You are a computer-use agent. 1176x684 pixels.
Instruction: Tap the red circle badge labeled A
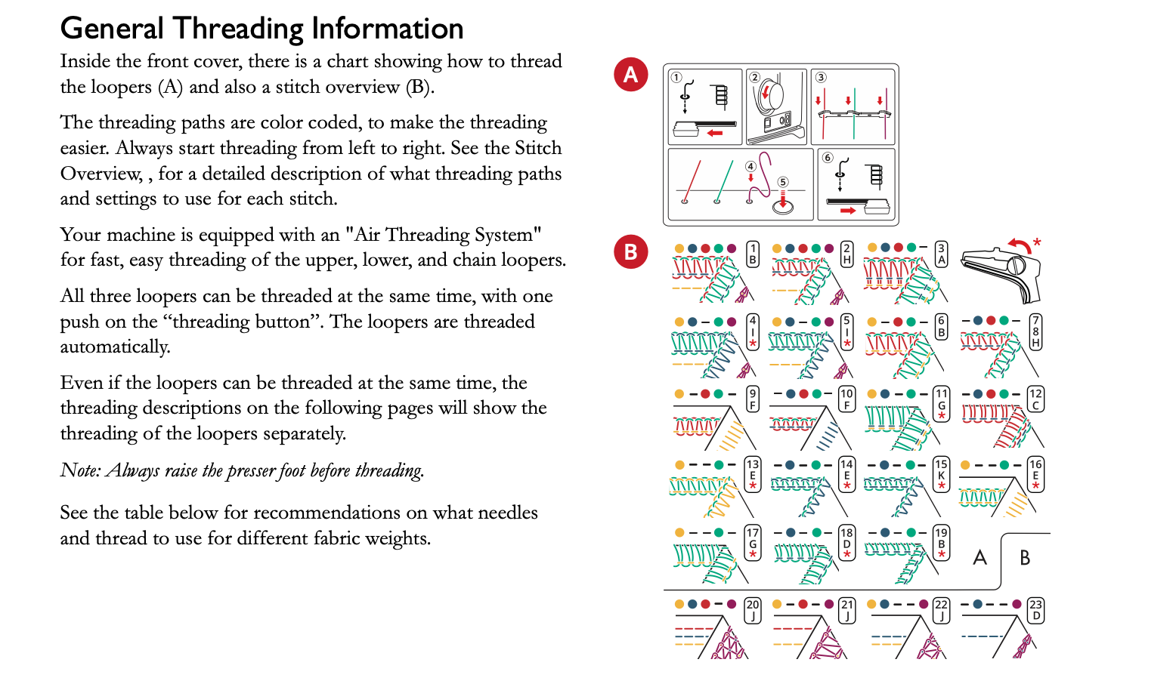pyautogui.click(x=631, y=75)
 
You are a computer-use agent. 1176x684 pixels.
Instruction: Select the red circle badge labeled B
pyautogui.click(x=631, y=252)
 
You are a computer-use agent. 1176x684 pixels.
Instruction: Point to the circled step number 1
pyautogui.click(x=676, y=78)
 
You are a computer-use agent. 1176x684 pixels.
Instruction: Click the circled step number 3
pyautogui.click(x=821, y=77)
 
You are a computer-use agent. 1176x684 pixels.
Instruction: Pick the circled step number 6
pyautogui.click(x=828, y=158)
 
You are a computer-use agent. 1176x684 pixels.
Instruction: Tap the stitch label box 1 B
pyautogui.click(x=753, y=254)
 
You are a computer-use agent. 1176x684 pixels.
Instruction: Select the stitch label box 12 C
pyautogui.click(x=1035, y=399)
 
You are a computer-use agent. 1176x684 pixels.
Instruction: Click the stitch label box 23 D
pyautogui.click(x=1035, y=610)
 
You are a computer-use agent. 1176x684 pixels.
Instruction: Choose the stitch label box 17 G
pyautogui.click(x=753, y=544)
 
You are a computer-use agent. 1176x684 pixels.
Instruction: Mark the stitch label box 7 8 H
pyautogui.click(x=1035, y=331)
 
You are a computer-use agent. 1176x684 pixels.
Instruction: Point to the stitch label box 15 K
pyautogui.click(x=941, y=474)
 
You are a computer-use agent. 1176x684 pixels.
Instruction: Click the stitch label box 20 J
pyautogui.click(x=753, y=610)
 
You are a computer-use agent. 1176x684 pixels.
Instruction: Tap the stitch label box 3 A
pyautogui.click(x=941, y=254)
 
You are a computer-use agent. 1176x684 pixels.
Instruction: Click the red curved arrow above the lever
pyautogui.click(x=1020, y=246)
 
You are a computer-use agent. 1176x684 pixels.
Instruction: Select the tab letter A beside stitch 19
pyautogui.click(x=980, y=558)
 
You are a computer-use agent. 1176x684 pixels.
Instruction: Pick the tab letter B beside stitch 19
pyautogui.click(x=1025, y=558)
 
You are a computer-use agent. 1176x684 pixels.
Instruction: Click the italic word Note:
pyautogui.click(x=80, y=470)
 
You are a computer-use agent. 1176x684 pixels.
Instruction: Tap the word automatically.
pyautogui.click(x=115, y=347)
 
